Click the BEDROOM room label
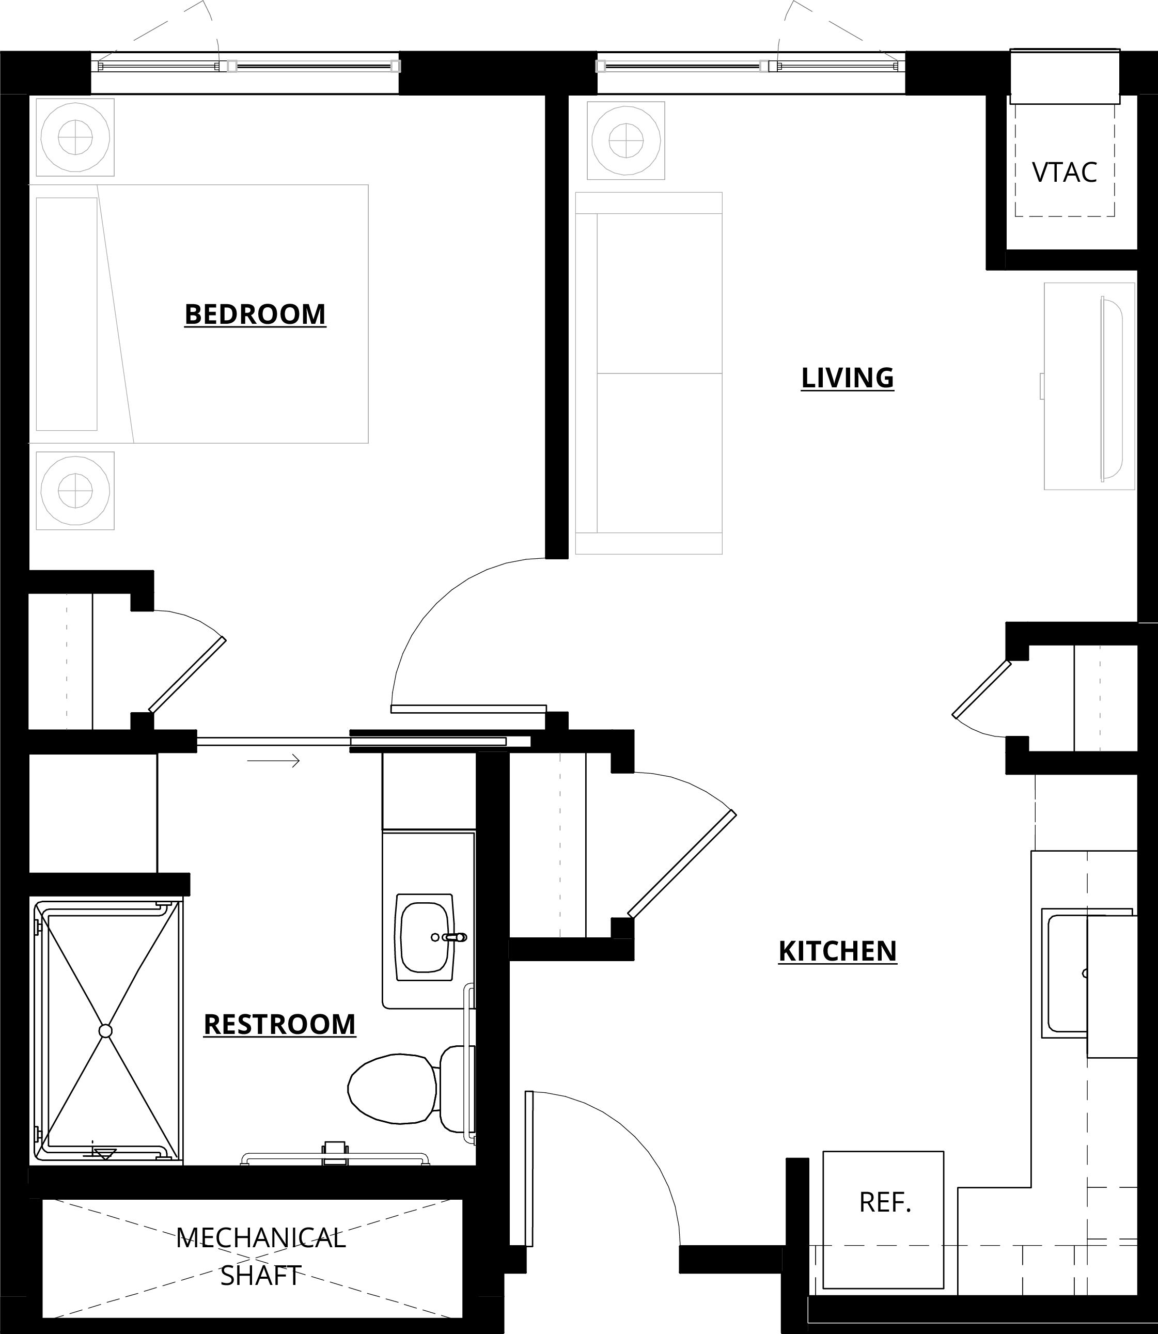click(x=255, y=315)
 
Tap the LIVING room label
click(x=847, y=378)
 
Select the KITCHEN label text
click(x=837, y=951)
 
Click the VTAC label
click(x=1065, y=172)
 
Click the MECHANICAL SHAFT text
click(x=261, y=1257)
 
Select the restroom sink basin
click(x=425, y=937)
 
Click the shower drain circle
click(x=105, y=1031)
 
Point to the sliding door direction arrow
click(x=273, y=761)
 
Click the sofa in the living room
click(x=648, y=373)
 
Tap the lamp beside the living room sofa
click(x=625, y=140)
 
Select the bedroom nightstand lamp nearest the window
click(x=75, y=137)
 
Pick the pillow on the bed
click(x=67, y=314)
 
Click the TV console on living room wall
click(x=1089, y=386)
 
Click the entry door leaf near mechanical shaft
click(x=529, y=1169)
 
